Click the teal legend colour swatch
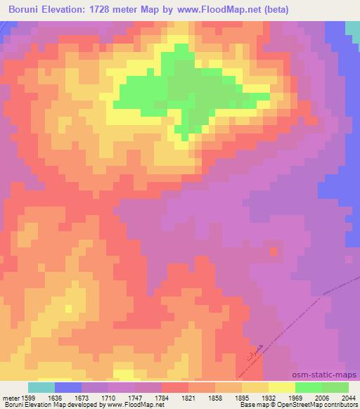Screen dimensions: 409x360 tap(41, 387)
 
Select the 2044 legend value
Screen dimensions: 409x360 tap(348, 397)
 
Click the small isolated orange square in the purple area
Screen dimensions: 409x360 tap(274, 251)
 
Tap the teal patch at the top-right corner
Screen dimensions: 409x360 tap(352, 30)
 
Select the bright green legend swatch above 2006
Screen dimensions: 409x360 tap(309, 387)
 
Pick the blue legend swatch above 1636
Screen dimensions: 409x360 tap(68, 387)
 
